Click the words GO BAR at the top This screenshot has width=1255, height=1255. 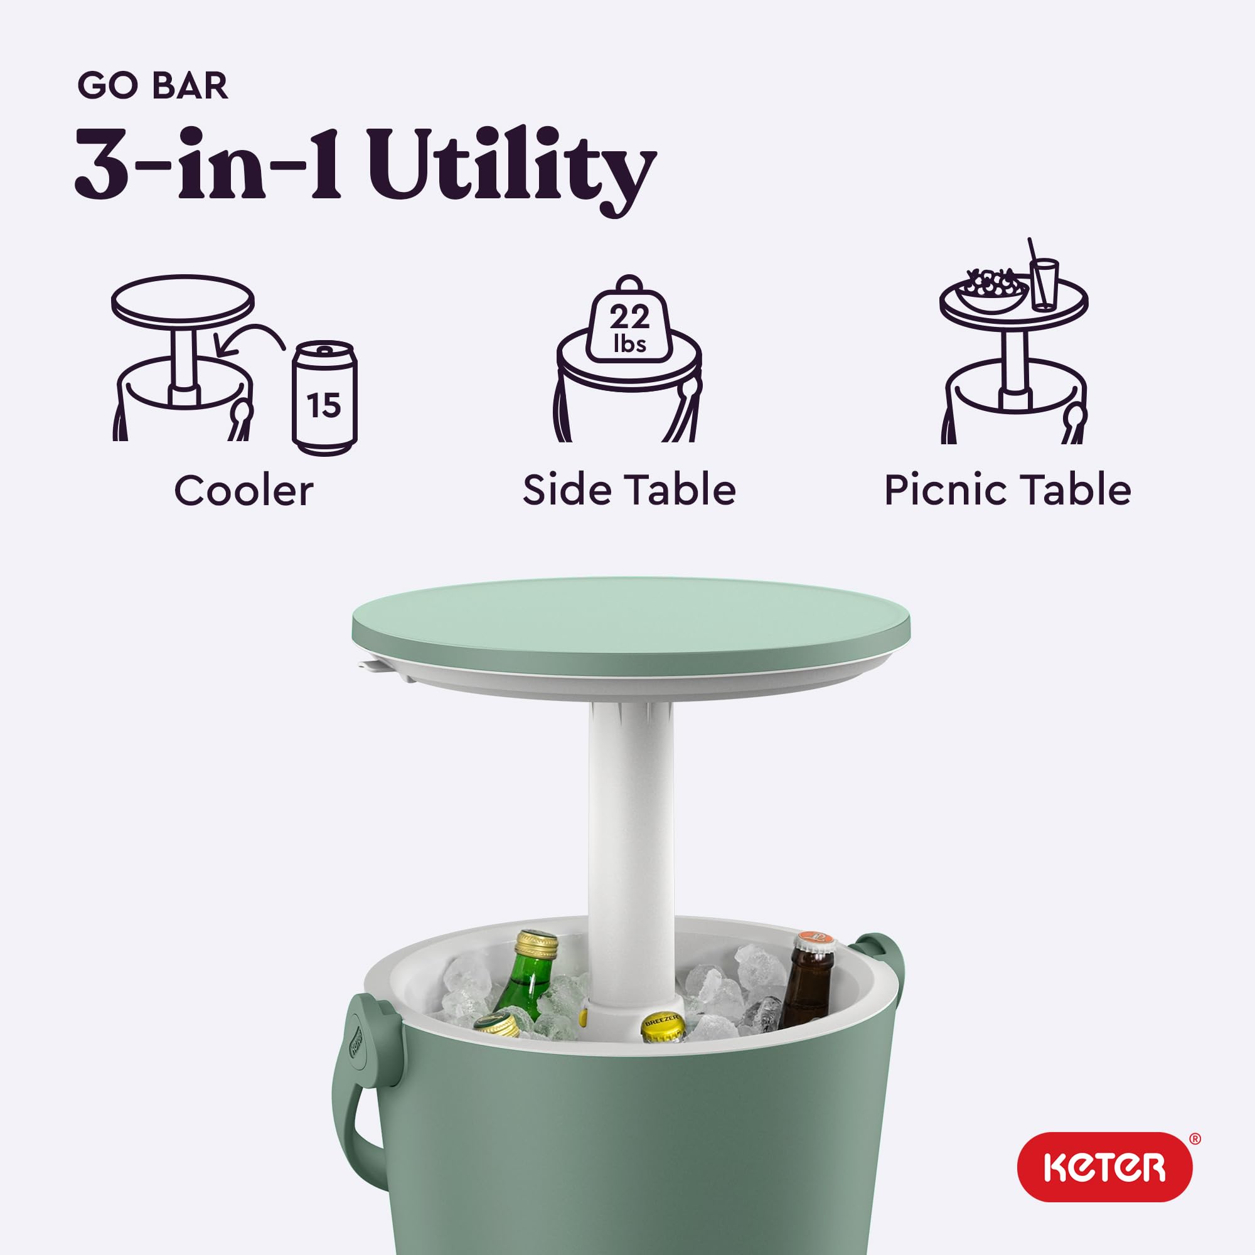pos(152,86)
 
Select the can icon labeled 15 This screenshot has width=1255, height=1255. pos(324,398)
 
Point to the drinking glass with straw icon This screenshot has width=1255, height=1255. pos(1044,282)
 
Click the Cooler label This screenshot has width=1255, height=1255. pos(243,491)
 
